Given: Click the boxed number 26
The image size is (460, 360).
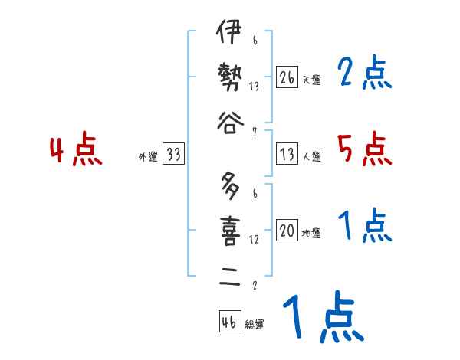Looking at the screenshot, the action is click(x=287, y=77).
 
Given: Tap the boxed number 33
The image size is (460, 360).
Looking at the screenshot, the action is click(x=173, y=155).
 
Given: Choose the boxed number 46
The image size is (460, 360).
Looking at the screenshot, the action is click(x=229, y=322).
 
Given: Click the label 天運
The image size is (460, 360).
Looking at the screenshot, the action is click(x=311, y=80).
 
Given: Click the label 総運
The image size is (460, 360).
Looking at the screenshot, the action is click(x=254, y=325).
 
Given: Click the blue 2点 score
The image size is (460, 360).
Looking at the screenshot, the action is click(x=364, y=74).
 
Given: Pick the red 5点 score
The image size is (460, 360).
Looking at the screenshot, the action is click(x=364, y=149).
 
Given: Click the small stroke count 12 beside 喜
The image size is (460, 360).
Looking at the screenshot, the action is click(x=254, y=239).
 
